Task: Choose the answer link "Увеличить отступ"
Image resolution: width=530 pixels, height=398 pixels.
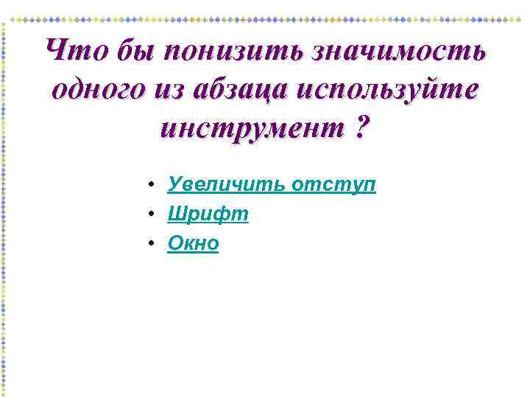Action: pos(272,184)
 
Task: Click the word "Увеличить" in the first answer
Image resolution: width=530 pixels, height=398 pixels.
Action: pos(226,184)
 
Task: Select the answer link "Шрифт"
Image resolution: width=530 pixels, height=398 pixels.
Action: pos(208,214)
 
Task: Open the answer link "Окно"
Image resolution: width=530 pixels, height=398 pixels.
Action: pos(193,244)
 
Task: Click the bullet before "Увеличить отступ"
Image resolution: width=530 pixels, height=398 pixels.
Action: pos(149,185)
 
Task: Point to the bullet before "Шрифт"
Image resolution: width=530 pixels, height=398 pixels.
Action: pos(149,215)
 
